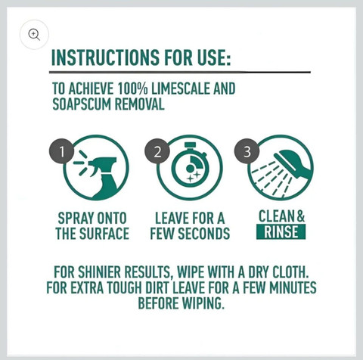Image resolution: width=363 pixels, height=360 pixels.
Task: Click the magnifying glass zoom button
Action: click(x=34, y=34)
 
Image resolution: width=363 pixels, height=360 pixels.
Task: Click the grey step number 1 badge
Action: click(x=61, y=151)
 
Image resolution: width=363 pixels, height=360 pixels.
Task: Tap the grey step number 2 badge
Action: click(x=157, y=151)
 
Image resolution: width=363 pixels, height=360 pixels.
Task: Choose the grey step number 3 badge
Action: click(x=247, y=151)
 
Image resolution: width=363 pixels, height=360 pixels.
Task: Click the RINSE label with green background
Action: click(x=281, y=231)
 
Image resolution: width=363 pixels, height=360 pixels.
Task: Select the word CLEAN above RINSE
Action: click(x=277, y=216)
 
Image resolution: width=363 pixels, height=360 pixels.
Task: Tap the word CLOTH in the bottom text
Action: click(x=290, y=272)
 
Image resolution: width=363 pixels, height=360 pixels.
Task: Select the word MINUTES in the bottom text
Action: click(x=293, y=287)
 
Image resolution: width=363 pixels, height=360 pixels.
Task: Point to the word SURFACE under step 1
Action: click(x=104, y=234)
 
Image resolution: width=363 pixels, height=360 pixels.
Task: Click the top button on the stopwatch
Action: click(x=190, y=144)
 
